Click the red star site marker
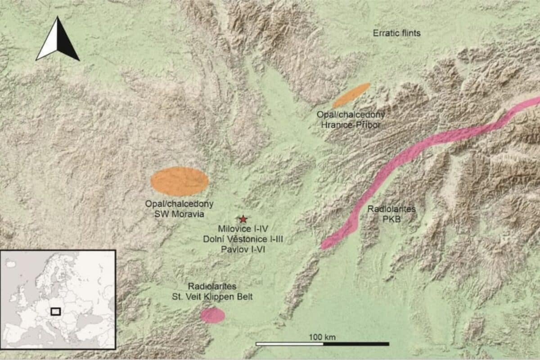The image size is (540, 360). pyautogui.click(x=243, y=219)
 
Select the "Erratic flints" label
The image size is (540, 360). pyautogui.click(x=396, y=33)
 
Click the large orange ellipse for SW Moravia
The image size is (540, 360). pyautogui.click(x=180, y=181)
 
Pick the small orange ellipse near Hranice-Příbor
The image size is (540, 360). pyautogui.click(x=351, y=95)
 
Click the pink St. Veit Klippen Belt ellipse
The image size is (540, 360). pyautogui.click(x=212, y=315)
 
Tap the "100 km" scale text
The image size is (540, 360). pyautogui.click(x=322, y=337)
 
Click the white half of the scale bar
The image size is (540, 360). pyautogui.click(x=289, y=344)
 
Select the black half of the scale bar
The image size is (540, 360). pyautogui.click(x=356, y=344)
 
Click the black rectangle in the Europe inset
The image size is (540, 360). pyautogui.click(x=55, y=311)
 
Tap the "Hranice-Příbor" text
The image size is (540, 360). pyautogui.click(x=351, y=125)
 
